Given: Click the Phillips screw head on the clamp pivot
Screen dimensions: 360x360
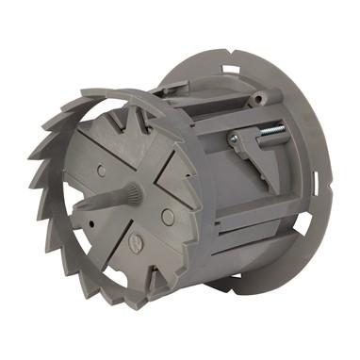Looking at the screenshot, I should tap(233, 139).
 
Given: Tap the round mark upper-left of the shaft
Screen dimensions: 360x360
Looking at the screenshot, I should tap(101, 172).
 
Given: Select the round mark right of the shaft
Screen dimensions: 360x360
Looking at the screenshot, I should tap(168, 216).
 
